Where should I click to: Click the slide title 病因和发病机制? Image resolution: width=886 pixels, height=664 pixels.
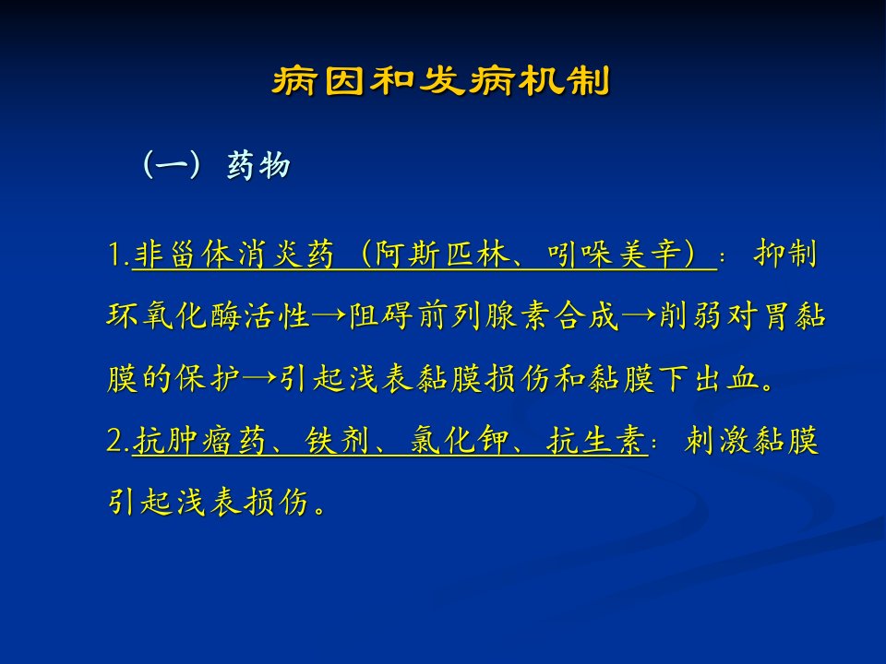(x=441, y=81)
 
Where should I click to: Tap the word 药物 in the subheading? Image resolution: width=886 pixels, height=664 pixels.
(x=258, y=165)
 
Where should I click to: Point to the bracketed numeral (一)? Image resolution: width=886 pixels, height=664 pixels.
(x=172, y=165)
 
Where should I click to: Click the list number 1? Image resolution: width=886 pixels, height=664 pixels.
(x=119, y=255)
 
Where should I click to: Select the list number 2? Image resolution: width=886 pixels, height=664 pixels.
(x=119, y=441)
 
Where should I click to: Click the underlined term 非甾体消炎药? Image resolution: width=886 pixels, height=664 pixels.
(x=233, y=255)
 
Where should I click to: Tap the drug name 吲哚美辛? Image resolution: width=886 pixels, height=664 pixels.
(x=614, y=255)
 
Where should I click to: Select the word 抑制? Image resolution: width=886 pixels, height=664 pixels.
(x=785, y=255)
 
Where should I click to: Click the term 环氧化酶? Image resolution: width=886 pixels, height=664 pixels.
(x=174, y=315)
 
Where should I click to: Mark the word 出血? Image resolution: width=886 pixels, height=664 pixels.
(x=727, y=378)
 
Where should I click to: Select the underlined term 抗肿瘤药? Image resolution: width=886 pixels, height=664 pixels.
(x=200, y=441)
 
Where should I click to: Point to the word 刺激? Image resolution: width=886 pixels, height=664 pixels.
(x=716, y=441)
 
